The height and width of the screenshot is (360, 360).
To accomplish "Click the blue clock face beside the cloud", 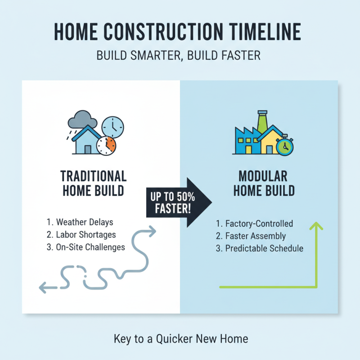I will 112,127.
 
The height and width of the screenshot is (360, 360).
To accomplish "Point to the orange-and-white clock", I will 106,145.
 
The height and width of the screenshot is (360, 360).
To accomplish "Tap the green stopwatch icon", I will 284,147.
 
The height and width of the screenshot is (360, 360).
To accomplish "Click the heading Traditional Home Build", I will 93,183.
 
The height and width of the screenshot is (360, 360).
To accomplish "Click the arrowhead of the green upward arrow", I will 317,225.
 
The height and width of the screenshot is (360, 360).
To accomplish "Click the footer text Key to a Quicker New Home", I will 180,338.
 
